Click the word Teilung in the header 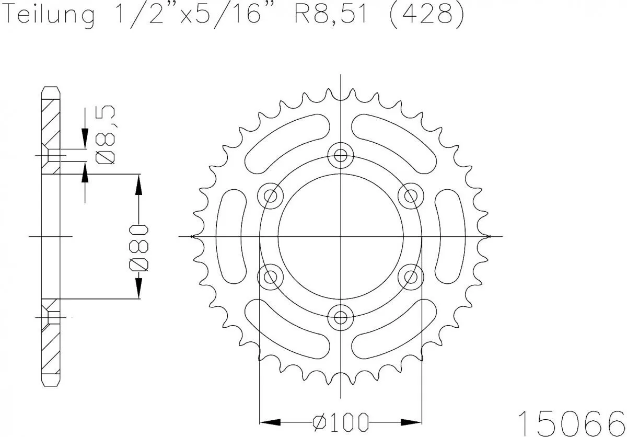[x=50, y=16]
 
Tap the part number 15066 [x=571, y=420]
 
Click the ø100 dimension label [x=340, y=421]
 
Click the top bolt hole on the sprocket [x=341, y=155]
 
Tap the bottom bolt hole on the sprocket [x=341, y=317]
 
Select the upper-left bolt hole [x=271, y=196]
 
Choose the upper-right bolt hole [x=410, y=196]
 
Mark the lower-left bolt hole [x=271, y=277]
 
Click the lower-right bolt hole [x=410, y=277]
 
